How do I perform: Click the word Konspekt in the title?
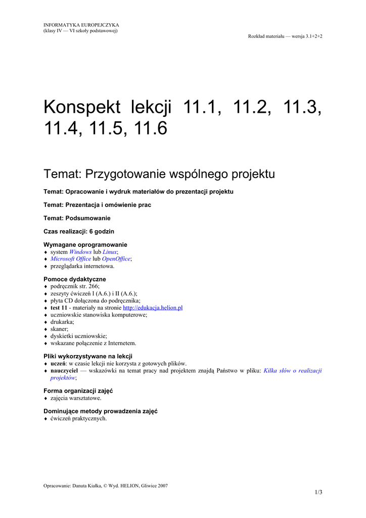tap(82, 108)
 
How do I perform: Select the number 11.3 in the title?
tap(302, 108)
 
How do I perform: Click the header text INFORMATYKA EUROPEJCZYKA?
tap(81, 25)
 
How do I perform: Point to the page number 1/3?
tap(318, 492)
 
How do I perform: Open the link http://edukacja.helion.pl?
tap(153, 308)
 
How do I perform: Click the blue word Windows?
tap(80, 251)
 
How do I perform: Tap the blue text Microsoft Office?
tap(70, 258)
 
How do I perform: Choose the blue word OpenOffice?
tap(116, 258)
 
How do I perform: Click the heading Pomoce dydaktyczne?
tap(75, 279)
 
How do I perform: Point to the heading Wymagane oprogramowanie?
tap(85, 244)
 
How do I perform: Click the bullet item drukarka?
tap(62, 322)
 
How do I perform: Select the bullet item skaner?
tap(59, 329)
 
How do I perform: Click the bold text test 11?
tap(59, 308)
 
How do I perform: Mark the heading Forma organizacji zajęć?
tap(78, 391)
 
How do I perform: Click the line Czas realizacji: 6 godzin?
tap(79, 231)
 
